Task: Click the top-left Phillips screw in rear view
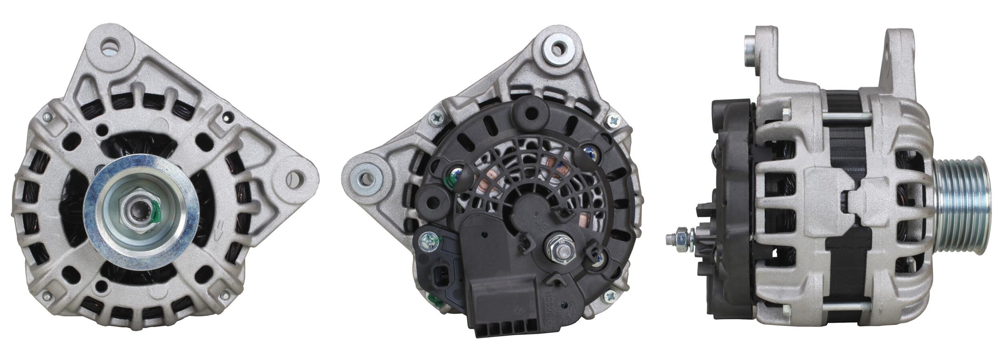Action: pyautogui.click(x=436, y=117)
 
